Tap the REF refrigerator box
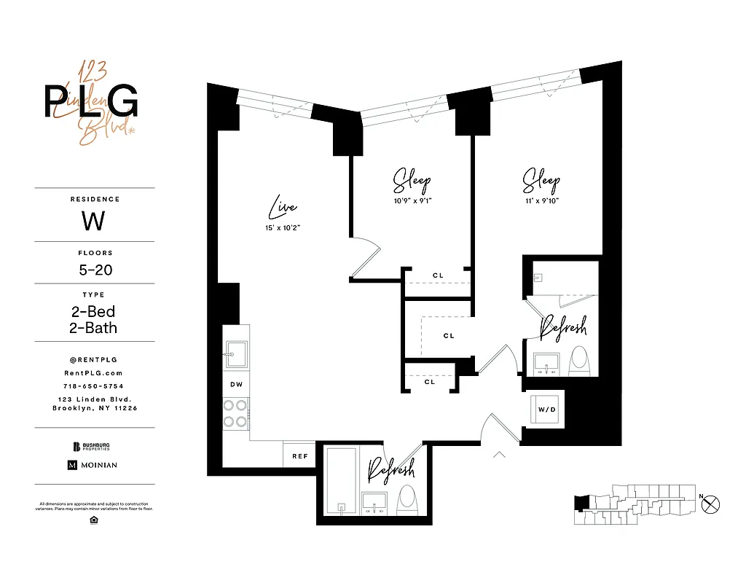[299, 455]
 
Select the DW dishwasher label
[236, 383]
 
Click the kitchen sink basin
[235, 355]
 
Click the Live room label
[283, 208]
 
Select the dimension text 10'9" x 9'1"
[412, 200]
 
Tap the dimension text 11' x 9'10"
[541, 200]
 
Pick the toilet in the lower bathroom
[407, 500]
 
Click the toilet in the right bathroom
[579, 359]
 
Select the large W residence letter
[94, 220]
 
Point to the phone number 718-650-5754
[94, 386]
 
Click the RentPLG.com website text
[94, 372]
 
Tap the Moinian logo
[93, 465]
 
